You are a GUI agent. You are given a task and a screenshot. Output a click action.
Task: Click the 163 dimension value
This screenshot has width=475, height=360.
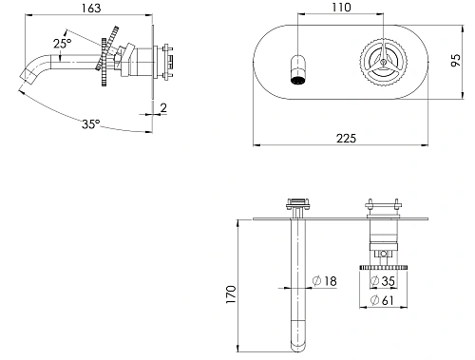click(91, 8)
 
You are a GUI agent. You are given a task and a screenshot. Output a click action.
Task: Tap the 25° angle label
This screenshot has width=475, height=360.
click(63, 44)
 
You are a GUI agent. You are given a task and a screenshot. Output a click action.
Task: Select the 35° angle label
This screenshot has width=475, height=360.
click(91, 123)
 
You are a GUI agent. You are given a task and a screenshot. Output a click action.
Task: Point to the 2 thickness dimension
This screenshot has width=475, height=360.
click(163, 108)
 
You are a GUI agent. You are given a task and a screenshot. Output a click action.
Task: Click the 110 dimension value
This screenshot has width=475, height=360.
click(341, 8)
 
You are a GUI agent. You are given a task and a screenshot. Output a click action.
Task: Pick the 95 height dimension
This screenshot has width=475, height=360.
click(456, 60)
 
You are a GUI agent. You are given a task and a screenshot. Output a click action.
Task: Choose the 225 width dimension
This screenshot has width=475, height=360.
click(346, 139)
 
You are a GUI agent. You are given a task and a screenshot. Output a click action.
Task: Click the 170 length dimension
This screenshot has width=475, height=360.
click(231, 294)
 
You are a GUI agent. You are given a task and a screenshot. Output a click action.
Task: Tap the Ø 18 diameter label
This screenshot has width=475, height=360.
click(325, 281)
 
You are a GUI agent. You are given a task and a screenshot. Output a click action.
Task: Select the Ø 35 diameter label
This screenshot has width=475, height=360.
click(383, 281)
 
